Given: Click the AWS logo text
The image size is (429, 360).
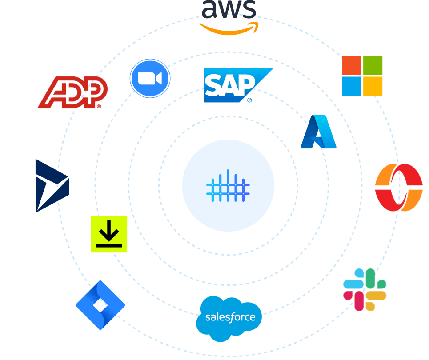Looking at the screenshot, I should tap(229, 10).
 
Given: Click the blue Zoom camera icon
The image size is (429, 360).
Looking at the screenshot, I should tap(150, 79).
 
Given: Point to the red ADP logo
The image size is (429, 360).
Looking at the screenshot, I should tap(72, 92).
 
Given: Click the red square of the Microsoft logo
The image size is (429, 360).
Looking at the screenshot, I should tap(352, 65).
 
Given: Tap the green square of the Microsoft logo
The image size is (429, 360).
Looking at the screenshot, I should tap(373, 65).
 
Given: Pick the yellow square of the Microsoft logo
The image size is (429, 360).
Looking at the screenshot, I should tap(373, 86).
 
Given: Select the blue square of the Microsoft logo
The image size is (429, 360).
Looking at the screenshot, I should tap(352, 86).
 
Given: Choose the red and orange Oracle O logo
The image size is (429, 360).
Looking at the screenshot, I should tap(398, 187).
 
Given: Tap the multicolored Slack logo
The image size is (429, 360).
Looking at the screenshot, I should tap(365, 289).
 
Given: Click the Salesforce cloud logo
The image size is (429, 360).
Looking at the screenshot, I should tap(229, 318).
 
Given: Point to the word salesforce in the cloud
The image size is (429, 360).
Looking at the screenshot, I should tap(230, 317).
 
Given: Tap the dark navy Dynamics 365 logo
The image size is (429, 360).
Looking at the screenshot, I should tap(52, 186).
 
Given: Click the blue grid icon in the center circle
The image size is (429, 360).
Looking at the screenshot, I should tap(228, 185).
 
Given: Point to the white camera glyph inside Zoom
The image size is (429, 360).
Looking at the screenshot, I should tap(150, 79).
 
